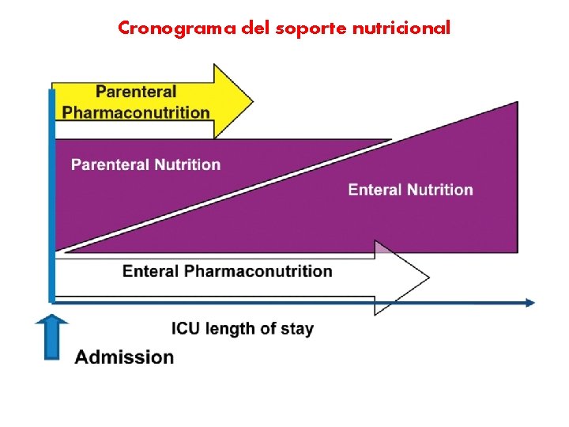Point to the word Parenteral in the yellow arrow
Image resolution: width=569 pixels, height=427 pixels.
(x=136, y=92)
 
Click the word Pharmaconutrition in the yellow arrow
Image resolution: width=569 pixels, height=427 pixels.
(x=136, y=112)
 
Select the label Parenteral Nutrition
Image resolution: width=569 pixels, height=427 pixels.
(x=146, y=164)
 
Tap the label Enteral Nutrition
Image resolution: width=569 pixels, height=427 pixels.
(x=410, y=190)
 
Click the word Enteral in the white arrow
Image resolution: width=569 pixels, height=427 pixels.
(x=151, y=271)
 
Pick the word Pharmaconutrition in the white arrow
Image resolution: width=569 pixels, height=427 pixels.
(x=258, y=271)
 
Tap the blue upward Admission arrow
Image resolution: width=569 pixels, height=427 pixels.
(x=52, y=336)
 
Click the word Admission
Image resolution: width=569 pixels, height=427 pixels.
(x=124, y=357)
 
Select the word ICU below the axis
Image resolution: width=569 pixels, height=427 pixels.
(x=186, y=329)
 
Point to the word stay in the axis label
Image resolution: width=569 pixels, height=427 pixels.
(x=296, y=329)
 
